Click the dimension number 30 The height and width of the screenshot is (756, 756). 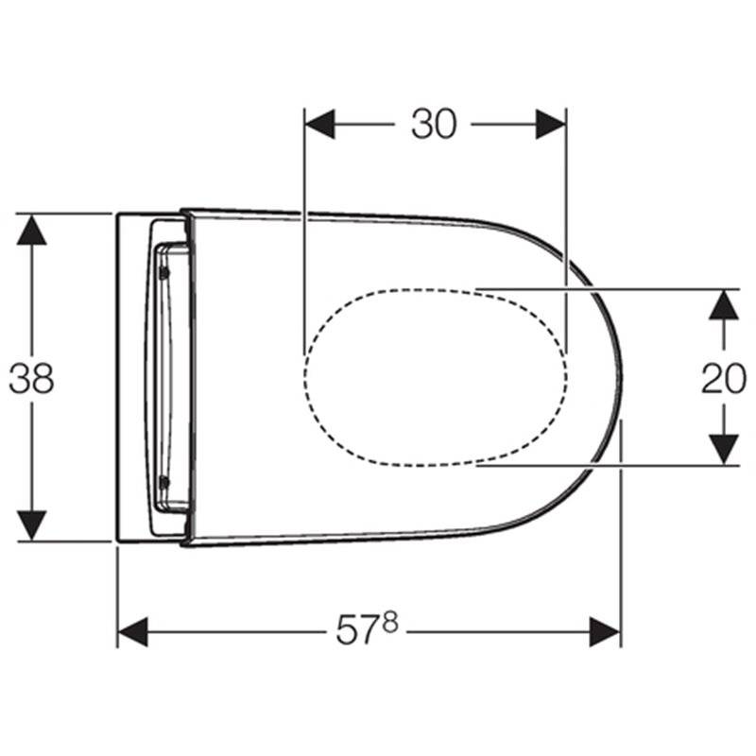click(x=433, y=124)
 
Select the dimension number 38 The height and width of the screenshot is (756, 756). click(x=31, y=378)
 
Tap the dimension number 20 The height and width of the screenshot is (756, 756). click(x=724, y=378)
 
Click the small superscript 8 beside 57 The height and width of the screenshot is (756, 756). click(x=390, y=622)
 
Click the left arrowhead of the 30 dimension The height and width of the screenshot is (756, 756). click(x=319, y=124)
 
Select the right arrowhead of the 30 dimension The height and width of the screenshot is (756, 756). click(x=551, y=124)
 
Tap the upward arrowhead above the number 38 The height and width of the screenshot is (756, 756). click(x=31, y=230)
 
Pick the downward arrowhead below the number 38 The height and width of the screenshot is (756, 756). click(x=31, y=525)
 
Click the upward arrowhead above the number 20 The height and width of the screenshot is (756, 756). click(x=724, y=304)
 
